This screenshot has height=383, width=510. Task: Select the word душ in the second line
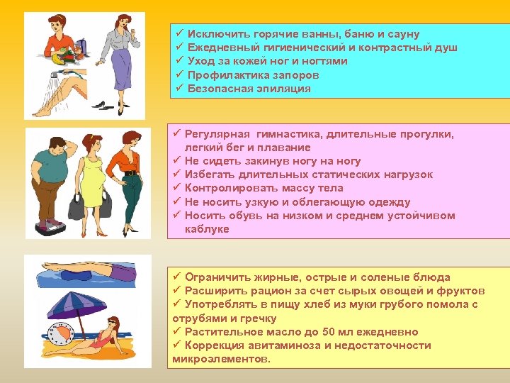[x=446, y=48]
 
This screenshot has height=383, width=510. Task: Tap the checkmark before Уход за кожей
[x=178, y=61]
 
